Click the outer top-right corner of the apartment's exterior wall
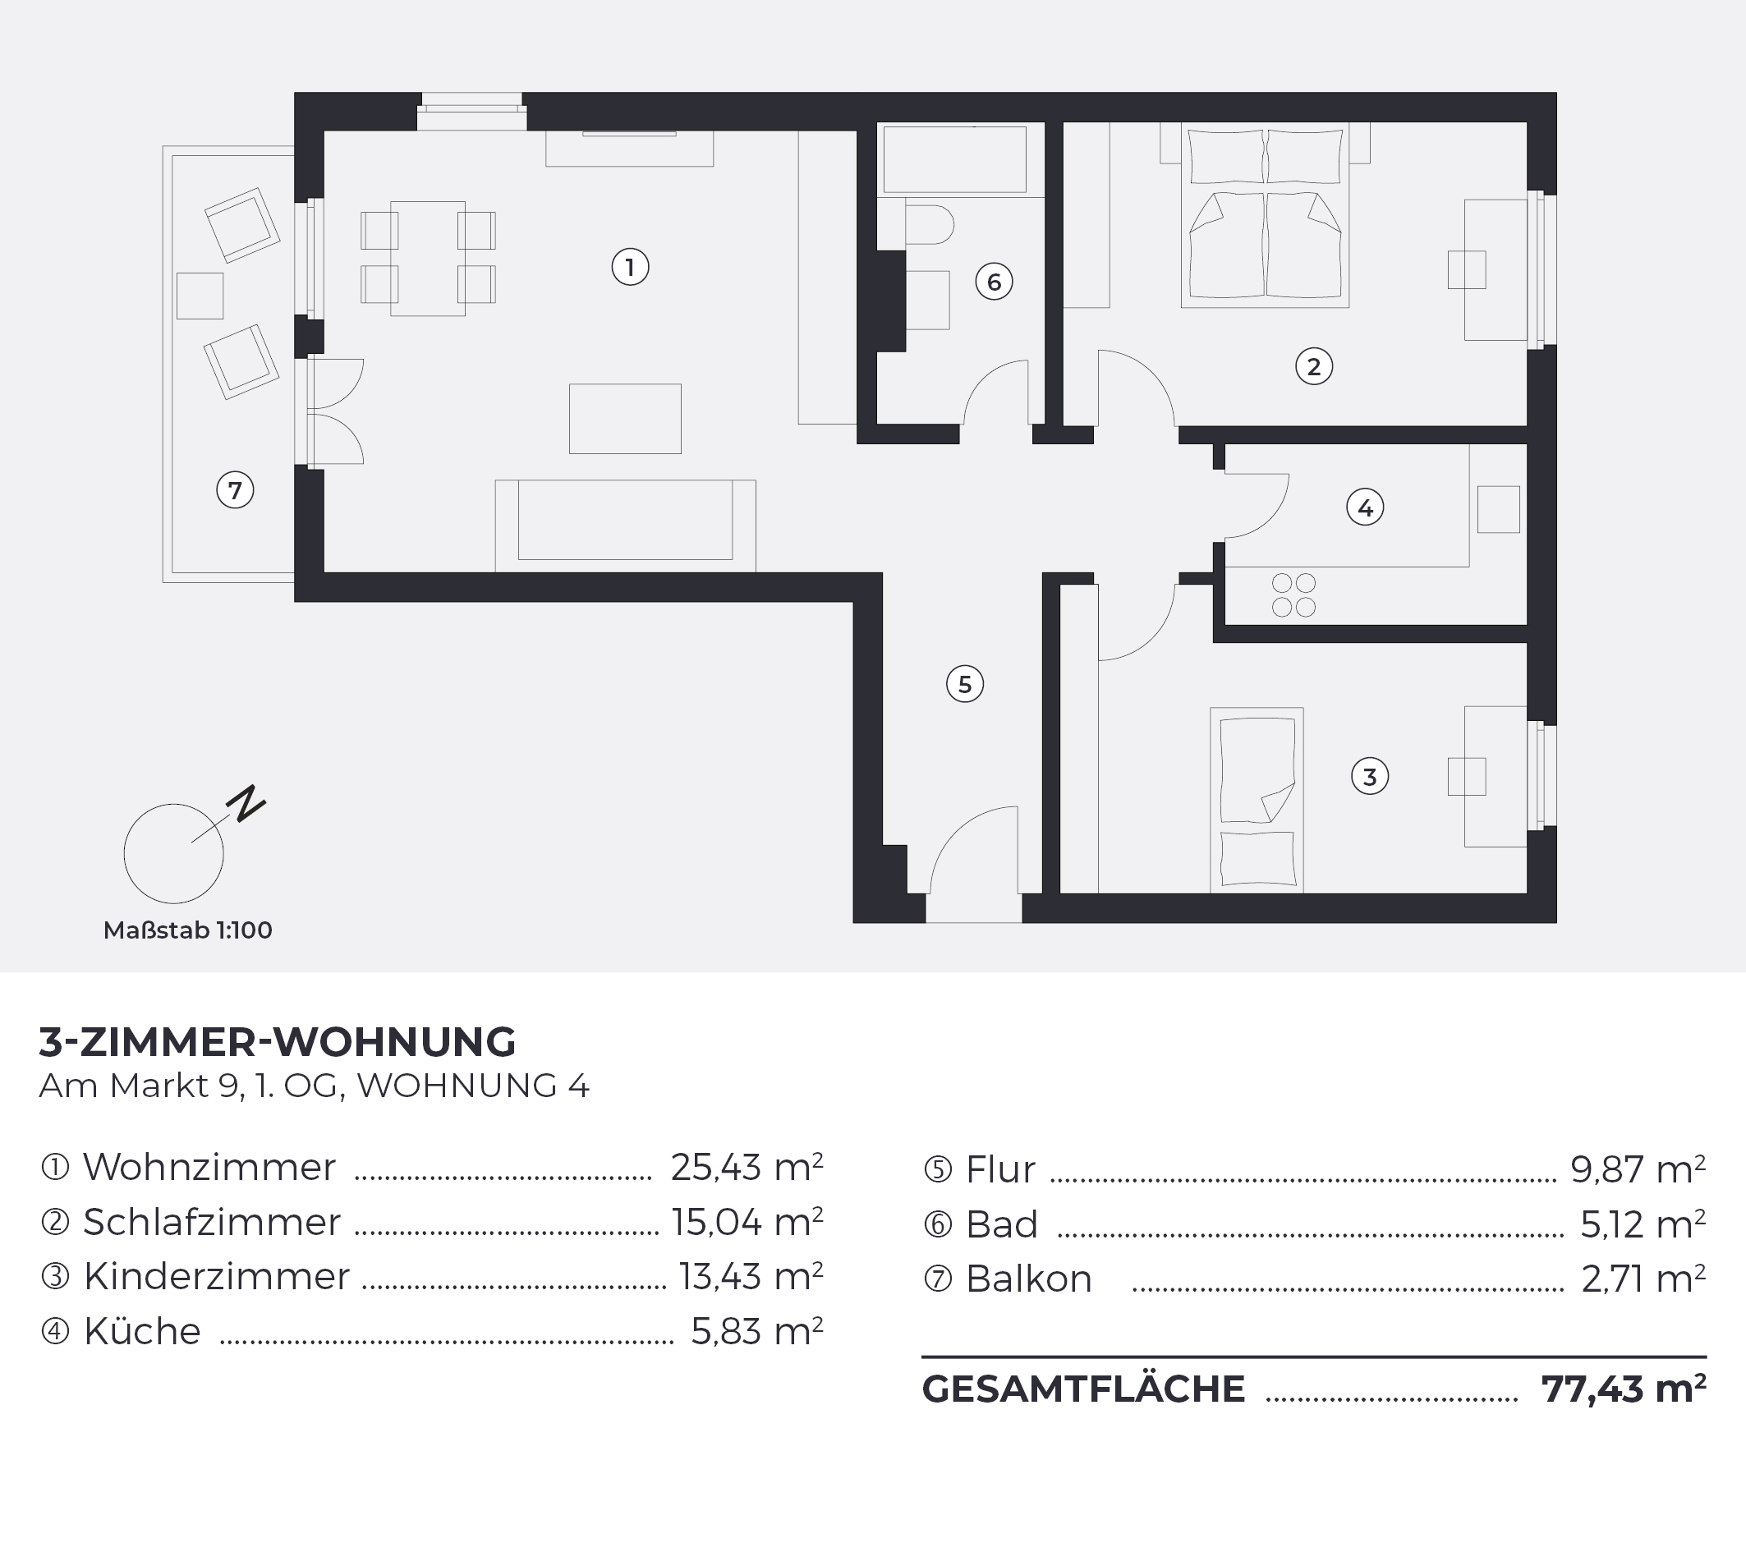[1556, 92]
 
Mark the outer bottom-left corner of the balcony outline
[163, 582]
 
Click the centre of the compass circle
[173, 853]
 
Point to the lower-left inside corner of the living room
[324, 572]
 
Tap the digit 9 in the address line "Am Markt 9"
[228, 1086]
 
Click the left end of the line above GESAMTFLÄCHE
[922, 1357]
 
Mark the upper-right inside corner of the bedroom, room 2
[1527, 123]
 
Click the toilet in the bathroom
[929, 225]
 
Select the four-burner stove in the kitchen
[1293, 595]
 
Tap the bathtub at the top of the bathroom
[955, 160]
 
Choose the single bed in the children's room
[1257, 800]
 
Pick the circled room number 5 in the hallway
[965, 684]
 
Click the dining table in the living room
[428, 259]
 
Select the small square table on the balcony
[200, 296]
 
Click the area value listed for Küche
[757, 1331]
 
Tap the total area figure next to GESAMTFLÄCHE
[1624, 1389]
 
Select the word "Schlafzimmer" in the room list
[212, 1222]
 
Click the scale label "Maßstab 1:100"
[188, 930]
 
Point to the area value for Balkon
[1643, 1279]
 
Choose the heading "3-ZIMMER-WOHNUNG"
[278, 1042]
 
